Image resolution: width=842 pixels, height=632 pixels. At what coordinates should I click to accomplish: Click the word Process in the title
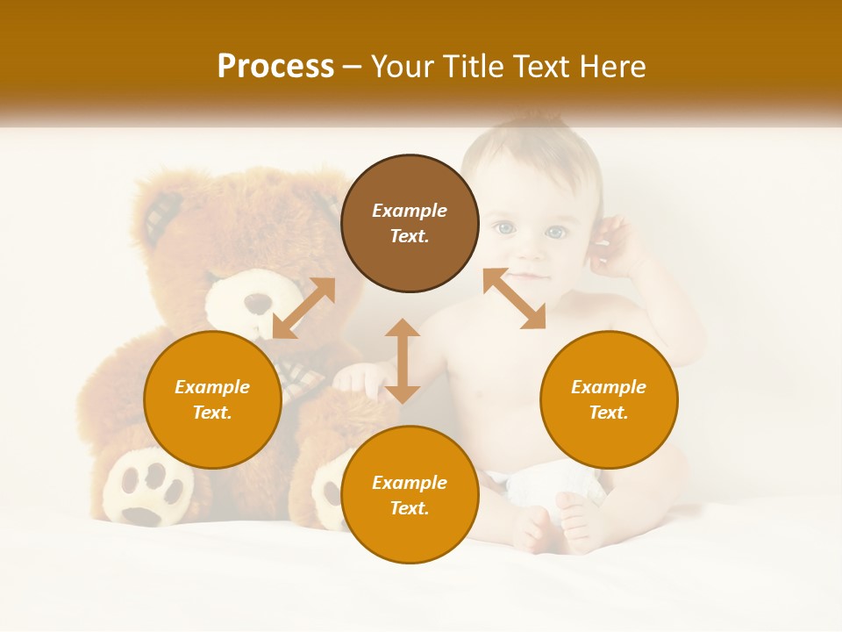275,67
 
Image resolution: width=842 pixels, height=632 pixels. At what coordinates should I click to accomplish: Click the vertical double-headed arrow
403,361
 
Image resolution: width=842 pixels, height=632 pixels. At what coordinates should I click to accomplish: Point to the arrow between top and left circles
303,308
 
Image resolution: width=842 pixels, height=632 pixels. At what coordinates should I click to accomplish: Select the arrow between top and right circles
515,298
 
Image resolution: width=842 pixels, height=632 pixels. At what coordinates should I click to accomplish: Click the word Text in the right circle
609,413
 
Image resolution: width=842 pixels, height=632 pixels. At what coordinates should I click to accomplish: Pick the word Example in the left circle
212,387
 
